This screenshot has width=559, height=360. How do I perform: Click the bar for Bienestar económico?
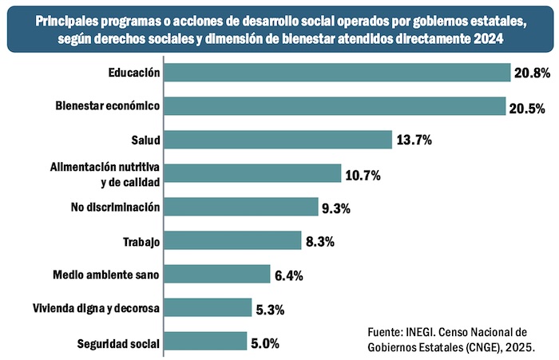pyautogui.click(x=335, y=106)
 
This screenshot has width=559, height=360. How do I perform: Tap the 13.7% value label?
pyautogui.click(x=414, y=140)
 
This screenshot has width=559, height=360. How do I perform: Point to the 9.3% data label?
pyautogui.click(x=336, y=208)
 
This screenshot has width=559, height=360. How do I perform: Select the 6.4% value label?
pyautogui.click(x=289, y=275)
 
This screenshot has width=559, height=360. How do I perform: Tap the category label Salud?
pyautogui.click(x=147, y=140)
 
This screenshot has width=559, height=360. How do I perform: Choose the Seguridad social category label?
pyautogui.click(x=119, y=344)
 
